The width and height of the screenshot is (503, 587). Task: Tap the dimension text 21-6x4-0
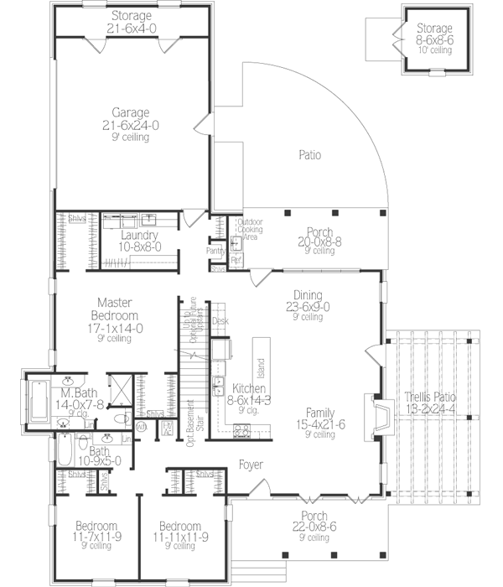130,29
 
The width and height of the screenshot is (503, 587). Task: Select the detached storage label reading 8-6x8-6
434,39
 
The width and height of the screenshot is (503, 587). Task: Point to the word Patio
311,155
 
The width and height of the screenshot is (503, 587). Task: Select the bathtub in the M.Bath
39,403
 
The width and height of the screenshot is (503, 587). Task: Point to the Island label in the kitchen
261,367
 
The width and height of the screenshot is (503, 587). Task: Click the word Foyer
251,464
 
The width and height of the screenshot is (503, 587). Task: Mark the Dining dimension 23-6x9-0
307,306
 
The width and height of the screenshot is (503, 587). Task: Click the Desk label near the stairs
220,320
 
